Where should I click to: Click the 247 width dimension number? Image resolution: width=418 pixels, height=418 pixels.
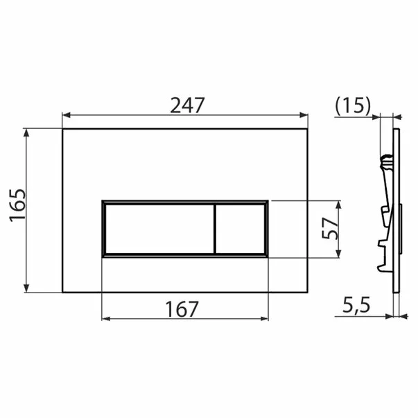click(x=187, y=105)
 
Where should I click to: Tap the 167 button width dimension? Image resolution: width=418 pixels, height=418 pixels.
click(x=182, y=308)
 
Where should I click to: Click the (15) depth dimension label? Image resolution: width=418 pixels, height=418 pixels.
click(x=354, y=105)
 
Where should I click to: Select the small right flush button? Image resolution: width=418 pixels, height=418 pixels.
click(x=240, y=229)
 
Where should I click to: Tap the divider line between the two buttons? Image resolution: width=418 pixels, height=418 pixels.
click(x=214, y=229)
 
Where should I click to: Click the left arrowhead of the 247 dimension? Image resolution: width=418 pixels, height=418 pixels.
click(x=67, y=115)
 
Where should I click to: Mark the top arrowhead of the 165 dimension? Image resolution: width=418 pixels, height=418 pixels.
click(x=27, y=132)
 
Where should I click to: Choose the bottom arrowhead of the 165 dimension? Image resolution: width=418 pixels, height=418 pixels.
click(x=27, y=288)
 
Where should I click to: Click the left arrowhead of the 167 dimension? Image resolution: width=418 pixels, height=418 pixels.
click(x=106, y=319)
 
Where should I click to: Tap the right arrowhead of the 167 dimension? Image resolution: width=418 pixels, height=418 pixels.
click(x=264, y=319)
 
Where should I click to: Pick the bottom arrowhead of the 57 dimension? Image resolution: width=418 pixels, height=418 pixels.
click(x=339, y=253)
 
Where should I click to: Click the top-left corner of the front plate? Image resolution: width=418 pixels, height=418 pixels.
click(x=62, y=128)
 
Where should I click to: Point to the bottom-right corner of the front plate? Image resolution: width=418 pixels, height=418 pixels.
click(x=309, y=292)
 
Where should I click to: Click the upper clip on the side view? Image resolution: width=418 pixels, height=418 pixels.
click(x=385, y=162)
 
